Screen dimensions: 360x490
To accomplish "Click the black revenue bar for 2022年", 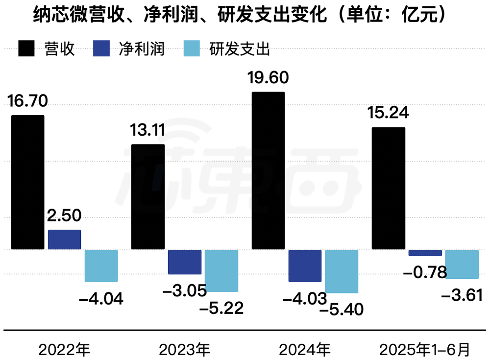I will (x=27, y=182).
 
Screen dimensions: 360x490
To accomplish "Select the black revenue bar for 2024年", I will (x=268, y=170).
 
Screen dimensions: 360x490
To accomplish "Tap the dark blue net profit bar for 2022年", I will (x=64, y=240).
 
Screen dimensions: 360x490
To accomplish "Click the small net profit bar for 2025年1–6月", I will (x=425, y=253).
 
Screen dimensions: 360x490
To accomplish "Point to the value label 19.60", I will (x=269, y=78).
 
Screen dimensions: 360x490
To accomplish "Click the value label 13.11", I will (x=147, y=131).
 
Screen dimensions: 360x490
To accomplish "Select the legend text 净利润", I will (x=142, y=49).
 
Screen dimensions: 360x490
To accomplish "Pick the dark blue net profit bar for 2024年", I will (x=305, y=265).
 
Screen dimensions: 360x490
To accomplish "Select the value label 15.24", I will (x=388, y=113).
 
